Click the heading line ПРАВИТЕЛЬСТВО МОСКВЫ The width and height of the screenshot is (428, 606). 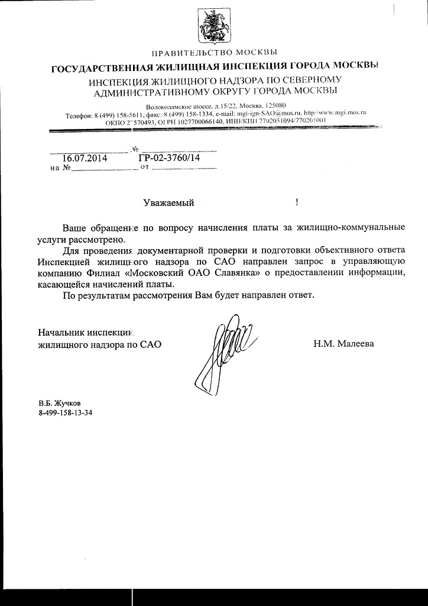coord(214,54)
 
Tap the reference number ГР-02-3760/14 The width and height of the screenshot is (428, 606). coord(168,157)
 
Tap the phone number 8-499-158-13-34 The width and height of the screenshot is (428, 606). coord(66,413)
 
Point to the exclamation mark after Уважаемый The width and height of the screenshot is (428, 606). coord(297,202)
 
